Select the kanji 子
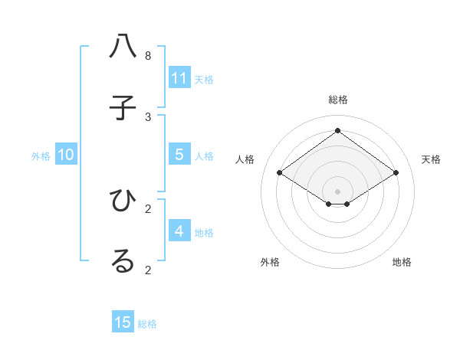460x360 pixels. pos(123,109)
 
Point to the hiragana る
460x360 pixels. pos(123,261)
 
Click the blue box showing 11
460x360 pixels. pos(179,78)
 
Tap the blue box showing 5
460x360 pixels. pos(179,155)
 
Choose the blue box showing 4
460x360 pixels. pos(179,231)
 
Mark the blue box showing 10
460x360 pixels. pos(66,155)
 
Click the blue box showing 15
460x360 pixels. pos(123,322)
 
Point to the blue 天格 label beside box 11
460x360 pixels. pos(204,79)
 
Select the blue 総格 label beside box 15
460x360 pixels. pos(147,324)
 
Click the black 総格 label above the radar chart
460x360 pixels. pos(338,100)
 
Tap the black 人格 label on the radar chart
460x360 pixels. pos(245,159)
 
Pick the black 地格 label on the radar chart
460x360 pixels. pos(402,262)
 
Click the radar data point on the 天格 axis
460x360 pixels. pos(396,173)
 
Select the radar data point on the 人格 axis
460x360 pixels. pos(279,173)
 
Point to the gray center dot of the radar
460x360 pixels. pos(337,191)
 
